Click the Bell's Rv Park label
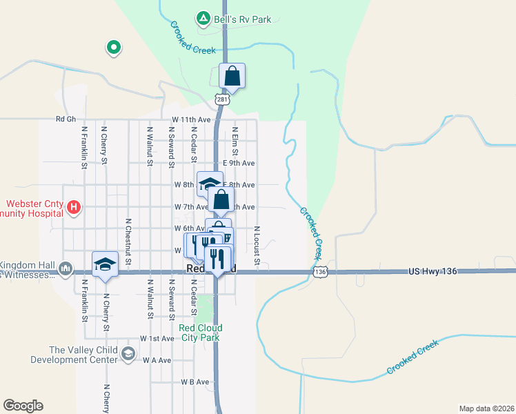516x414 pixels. (242, 19)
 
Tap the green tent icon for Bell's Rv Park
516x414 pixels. (203, 19)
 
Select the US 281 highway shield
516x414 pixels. (221, 100)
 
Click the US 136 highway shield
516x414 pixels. (320, 273)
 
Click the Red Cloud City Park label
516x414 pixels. (199, 333)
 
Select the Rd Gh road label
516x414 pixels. (66, 119)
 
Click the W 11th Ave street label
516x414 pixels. (191, 119)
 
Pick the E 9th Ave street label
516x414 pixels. (239, 163)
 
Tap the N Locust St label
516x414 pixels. (257, 245)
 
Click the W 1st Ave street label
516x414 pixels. (157, 339)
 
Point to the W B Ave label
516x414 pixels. (195, 382)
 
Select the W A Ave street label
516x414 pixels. (156, 360)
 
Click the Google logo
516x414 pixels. (23, 406)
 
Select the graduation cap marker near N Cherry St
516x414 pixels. (106, 264)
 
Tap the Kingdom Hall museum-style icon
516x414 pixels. (66, 268)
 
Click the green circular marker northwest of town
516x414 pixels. (113, 48)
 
